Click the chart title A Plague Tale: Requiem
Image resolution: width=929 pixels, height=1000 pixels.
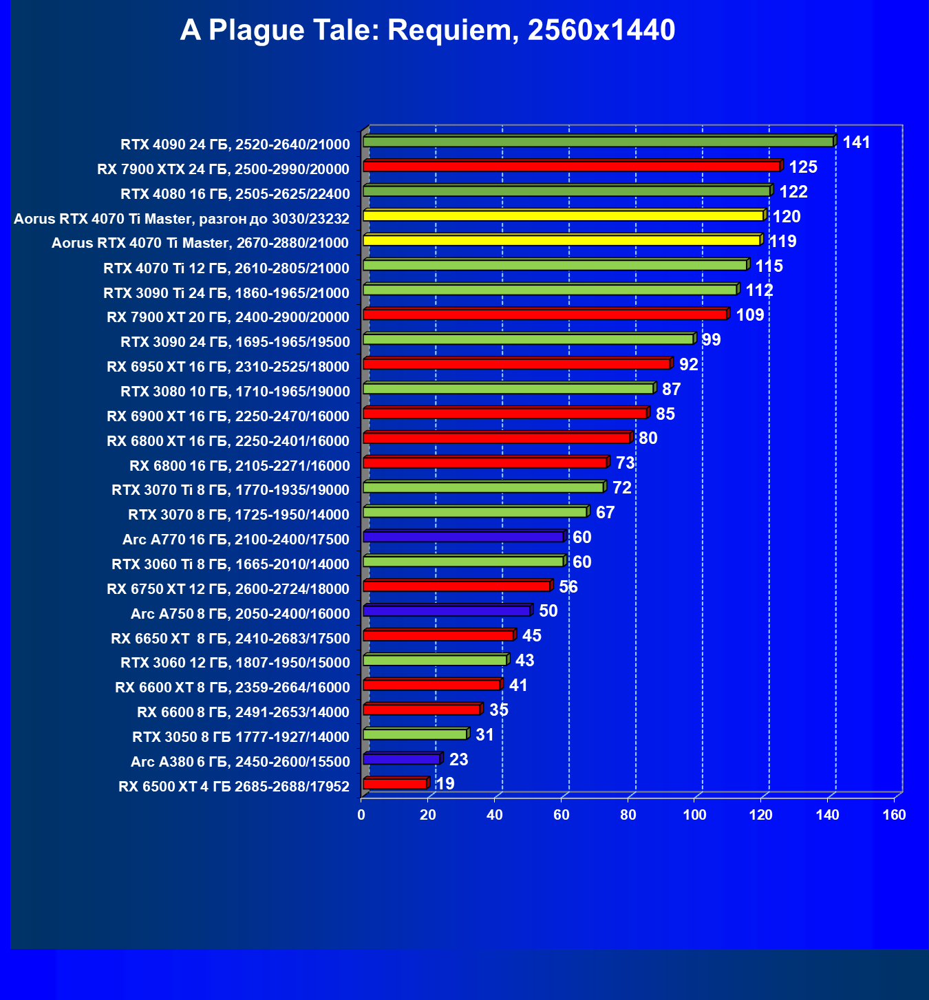click(427, 30)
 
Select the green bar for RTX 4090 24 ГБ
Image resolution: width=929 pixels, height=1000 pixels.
click(598, 142)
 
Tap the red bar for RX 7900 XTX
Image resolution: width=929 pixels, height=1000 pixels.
click(571, 166)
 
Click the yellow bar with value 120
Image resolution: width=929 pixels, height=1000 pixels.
click(563, 215)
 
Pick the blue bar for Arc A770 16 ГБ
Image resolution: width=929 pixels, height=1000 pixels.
click(463, 537)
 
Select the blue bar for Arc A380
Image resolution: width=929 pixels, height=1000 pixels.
click(401, 758)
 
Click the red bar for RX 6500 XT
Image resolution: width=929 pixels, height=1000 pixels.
click(394, 783)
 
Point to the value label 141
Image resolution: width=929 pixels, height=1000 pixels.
click(856, 142)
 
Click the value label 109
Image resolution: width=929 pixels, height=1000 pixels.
click(749, 315)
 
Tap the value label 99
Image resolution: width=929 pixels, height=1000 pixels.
click(711, 340)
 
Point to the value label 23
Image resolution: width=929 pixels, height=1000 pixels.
click(458, 760)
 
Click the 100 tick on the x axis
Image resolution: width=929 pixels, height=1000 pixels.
click(694, 816)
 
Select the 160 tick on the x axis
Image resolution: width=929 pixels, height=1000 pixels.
click(894, 816)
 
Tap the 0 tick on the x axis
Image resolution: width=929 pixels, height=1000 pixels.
click(361, 816)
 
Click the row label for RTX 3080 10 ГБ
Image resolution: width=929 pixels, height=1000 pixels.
click(235, 392)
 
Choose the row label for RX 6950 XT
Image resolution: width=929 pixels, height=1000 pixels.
click(228, 367)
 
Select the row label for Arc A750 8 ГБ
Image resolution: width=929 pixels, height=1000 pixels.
click(239, 614)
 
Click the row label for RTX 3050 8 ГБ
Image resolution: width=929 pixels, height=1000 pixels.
click(241, 737)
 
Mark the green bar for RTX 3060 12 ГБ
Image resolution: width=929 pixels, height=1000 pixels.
click(435, 660)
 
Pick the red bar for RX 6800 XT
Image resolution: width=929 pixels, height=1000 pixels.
click(496, 438)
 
